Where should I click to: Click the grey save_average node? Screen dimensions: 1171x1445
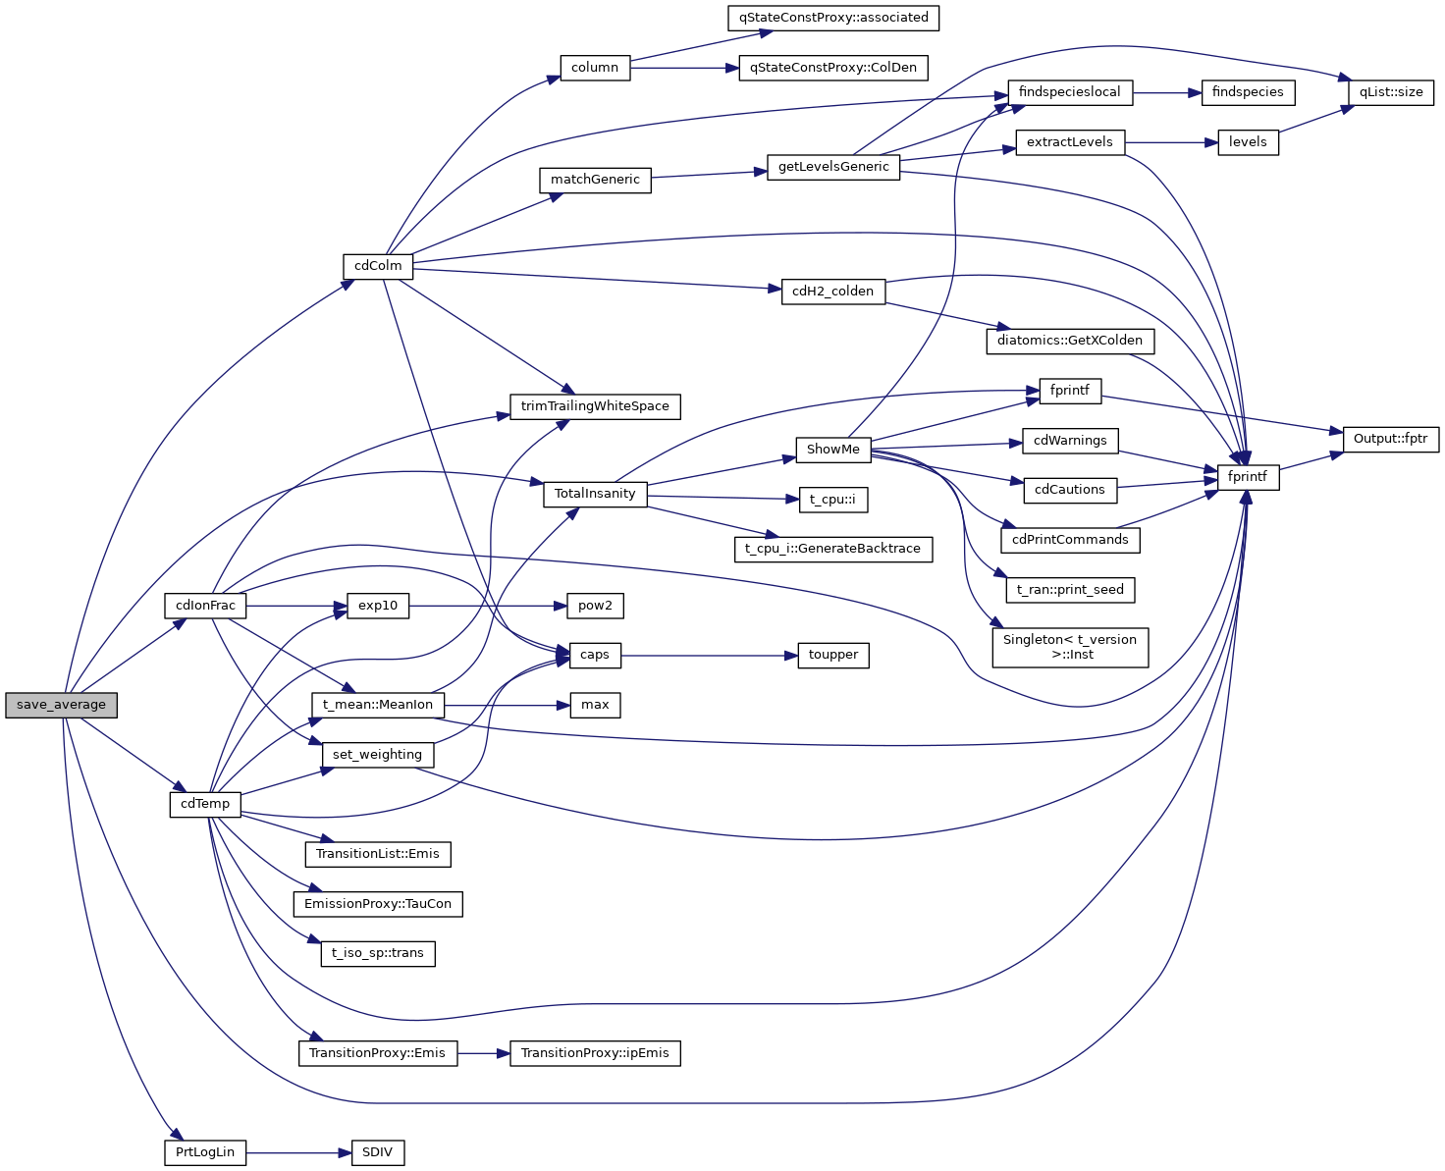[61, 705]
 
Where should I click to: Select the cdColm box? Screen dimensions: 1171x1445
[378, 266]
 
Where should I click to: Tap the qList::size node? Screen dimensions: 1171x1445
[1391, 92]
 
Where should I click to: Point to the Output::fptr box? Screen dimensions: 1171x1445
[1390, 439]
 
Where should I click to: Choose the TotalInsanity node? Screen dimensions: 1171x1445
[595, 494]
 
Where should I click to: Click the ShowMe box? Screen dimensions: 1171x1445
[832, 450]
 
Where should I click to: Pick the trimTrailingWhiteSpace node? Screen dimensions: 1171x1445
[595, 406]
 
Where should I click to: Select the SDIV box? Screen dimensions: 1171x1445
[377, 1152]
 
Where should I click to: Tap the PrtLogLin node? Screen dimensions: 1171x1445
[205, 1152]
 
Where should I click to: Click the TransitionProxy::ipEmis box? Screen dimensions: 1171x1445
[595, 1053]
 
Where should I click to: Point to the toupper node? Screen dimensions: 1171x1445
[833, 655]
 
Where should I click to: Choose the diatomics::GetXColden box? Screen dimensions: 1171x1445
[1070, 341]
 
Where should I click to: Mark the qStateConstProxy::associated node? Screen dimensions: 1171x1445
[833, 18]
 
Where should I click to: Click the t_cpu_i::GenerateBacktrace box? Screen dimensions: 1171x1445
[833, 549]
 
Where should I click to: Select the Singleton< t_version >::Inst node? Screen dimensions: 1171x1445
[1070, 647]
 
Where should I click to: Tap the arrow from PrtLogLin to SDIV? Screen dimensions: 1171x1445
[298, 1152]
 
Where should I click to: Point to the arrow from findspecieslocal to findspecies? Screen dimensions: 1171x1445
[1167, 92]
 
